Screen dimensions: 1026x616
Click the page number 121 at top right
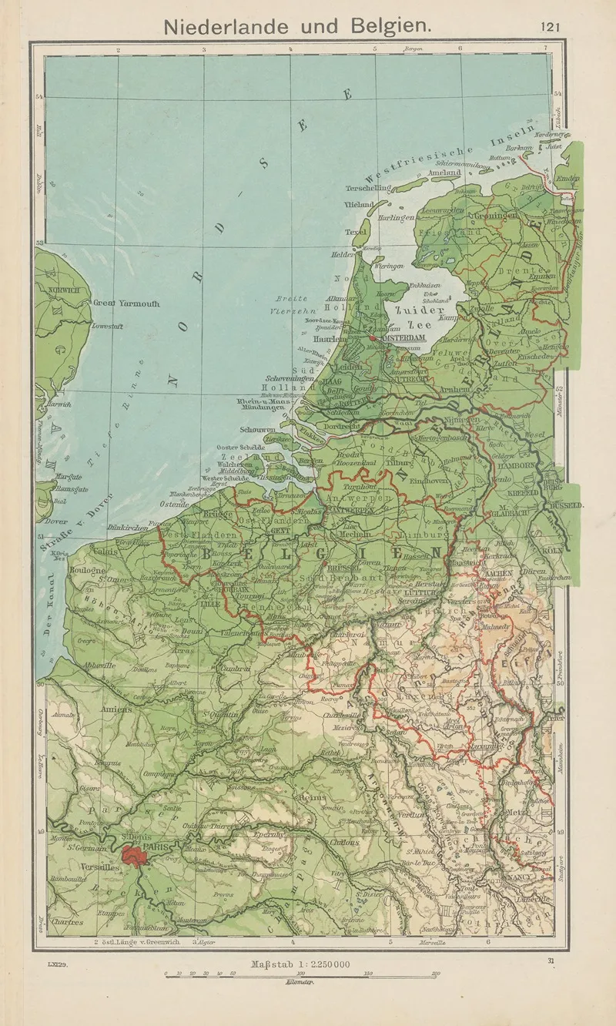click(550, 26)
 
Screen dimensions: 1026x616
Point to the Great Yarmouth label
click(126, 303)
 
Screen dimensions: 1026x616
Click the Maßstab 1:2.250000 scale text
click(300, 964)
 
